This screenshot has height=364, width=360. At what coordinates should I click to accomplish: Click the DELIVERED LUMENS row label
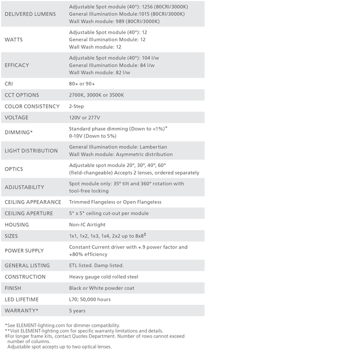click(x=30, y=14)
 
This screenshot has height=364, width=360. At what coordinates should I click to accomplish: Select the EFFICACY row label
click(x=17, y=65)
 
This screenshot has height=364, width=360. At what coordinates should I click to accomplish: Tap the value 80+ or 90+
click(x=82, y=83)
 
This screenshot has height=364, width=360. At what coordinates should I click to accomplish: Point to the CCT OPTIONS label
click(x=22, y=95)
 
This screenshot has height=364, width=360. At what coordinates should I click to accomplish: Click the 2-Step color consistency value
click(x=76, y=106)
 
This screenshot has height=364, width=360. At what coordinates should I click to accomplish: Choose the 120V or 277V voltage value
click(x=85, y=118)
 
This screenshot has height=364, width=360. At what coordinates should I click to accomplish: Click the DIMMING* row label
click(x=19, y=132)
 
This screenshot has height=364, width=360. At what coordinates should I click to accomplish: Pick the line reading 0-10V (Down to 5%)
click(x=93, y=136)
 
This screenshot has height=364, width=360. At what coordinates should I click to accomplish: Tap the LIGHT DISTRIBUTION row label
click(x=31, y=151)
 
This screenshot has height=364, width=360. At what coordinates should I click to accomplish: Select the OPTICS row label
click(x=14, y=169)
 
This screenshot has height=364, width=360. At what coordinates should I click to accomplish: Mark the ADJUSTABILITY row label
click(x=24, y=187)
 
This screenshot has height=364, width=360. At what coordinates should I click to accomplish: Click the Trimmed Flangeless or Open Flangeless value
click(x=115, y=202)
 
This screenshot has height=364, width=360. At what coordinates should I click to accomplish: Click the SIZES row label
click(x=11, y=236)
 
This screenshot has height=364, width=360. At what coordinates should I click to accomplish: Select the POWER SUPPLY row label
click(x=24, y=250)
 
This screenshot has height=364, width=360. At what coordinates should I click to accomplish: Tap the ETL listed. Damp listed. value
click(x=96, y=265)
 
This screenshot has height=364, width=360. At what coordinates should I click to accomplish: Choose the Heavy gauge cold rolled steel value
click(x=103, y=277)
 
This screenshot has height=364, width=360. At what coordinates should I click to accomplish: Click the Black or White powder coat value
click(x=101, y=288)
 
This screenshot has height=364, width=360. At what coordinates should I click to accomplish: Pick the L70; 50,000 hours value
click(x=90, y=299)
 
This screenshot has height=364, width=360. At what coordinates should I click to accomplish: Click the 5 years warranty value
click(x=77, y=311)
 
